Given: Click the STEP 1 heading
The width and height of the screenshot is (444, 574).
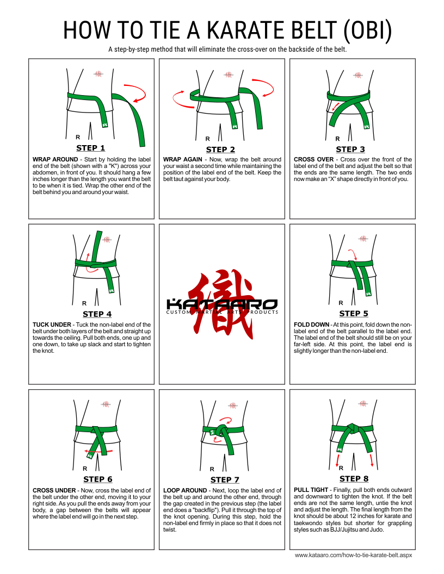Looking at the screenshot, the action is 90,148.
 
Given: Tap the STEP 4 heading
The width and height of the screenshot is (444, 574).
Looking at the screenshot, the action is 97,314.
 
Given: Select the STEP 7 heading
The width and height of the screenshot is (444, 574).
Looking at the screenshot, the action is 225,479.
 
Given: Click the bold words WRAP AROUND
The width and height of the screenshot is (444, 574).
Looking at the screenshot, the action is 55,159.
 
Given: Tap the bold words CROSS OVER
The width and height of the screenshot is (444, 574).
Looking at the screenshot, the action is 313,159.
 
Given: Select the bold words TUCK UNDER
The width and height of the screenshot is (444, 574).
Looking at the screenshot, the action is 52,325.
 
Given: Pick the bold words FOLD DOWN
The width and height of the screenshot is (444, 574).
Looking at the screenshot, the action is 311,325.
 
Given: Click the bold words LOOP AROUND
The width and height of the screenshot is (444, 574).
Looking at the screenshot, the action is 185,490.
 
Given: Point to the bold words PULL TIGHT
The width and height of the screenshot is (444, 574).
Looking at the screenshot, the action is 311,490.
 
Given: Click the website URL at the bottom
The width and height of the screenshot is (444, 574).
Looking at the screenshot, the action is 354,556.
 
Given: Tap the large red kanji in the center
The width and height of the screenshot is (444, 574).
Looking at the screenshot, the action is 220,304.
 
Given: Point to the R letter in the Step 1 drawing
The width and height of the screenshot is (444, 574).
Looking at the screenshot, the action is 78,138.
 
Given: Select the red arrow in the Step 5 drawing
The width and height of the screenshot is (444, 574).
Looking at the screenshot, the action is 353,254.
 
